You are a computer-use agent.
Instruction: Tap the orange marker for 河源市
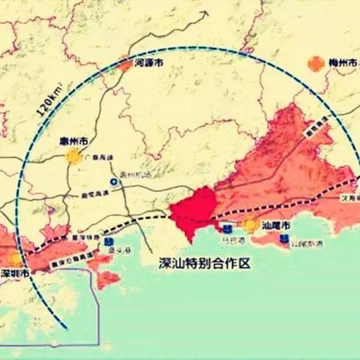tap(124, 65)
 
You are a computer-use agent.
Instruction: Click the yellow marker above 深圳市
tap(16, 259)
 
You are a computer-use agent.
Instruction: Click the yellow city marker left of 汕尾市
tap(250, 224)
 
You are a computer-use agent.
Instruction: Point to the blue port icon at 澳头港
tap(109, 242)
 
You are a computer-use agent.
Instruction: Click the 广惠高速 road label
tap(100, 157)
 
